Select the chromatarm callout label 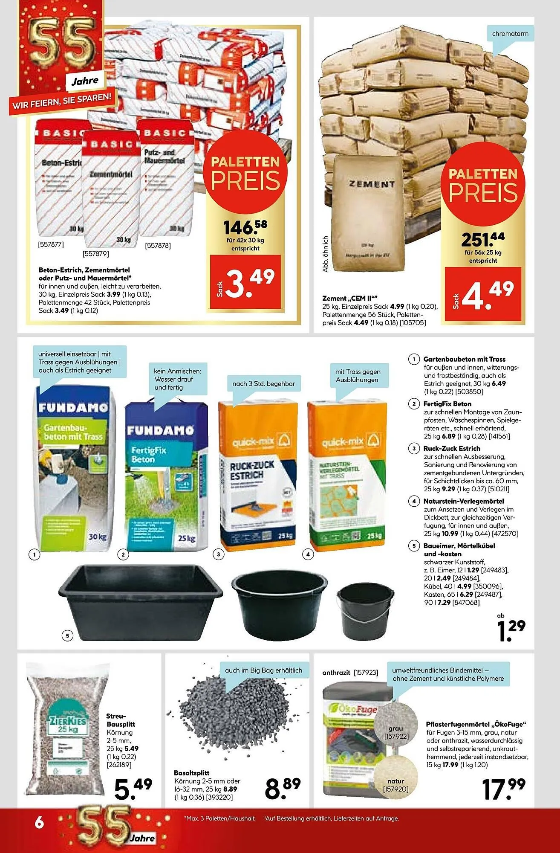click(x=510, y=34)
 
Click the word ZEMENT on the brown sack click(x=372, y=184)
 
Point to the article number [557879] click(x=95, y=254)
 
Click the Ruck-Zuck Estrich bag click(x=258, y=473)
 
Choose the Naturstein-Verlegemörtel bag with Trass click(x=346, y=473)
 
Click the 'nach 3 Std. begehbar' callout click(x=263, y=383)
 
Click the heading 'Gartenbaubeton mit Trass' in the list click(x=464, y=359)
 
